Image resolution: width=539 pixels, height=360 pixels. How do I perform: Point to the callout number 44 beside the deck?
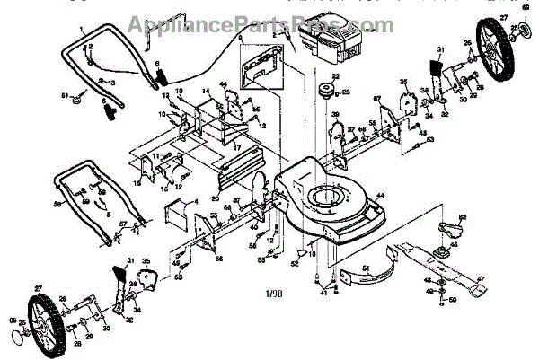(x=381, y=195)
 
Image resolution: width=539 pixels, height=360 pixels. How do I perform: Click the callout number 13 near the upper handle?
(x=112, y=82)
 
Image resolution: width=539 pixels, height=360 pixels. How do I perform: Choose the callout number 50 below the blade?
(x=452, y=300)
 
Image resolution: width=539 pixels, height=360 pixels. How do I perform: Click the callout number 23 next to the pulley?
(x=347, y=92)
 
